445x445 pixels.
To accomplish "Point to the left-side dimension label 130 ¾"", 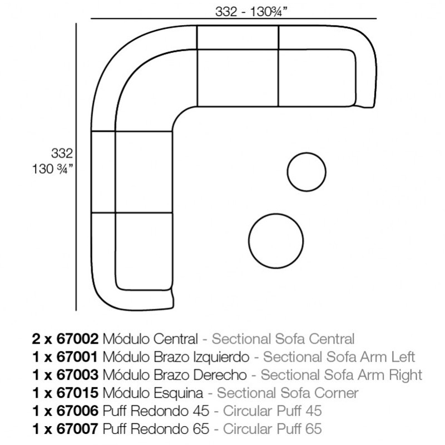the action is (x=52, y=169).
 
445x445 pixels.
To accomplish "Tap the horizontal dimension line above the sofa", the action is (x=233, y=19).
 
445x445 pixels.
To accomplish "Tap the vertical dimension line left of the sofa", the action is (x=76, y=167).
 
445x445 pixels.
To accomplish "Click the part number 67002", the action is (x=77, y=339).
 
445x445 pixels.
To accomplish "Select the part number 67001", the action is (x=77, y=357).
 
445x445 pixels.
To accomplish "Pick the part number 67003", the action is (x=77, y=375).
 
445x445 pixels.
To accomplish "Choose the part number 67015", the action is (x=77, y=393).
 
